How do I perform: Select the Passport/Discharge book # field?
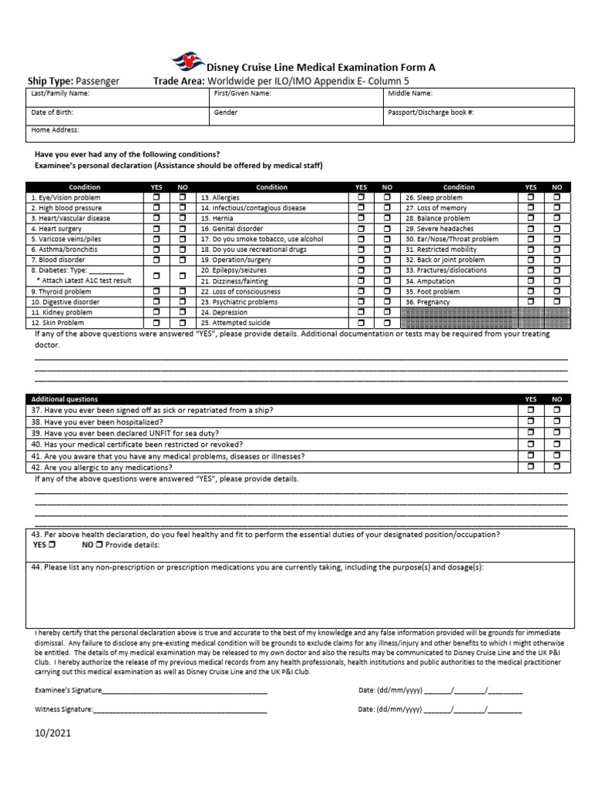click(478, 116)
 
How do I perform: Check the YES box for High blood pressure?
click(156, 208)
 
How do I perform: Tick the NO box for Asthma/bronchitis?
click(183, 250)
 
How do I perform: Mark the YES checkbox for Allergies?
click(361, 198)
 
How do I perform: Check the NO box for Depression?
click(387, 313)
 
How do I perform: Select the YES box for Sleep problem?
click(530, 198)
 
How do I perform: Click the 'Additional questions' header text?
click(65, 399)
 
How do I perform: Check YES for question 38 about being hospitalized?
click(530, 422)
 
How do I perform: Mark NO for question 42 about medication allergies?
click(557, 467)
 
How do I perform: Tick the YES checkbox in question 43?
click(52, 545)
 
